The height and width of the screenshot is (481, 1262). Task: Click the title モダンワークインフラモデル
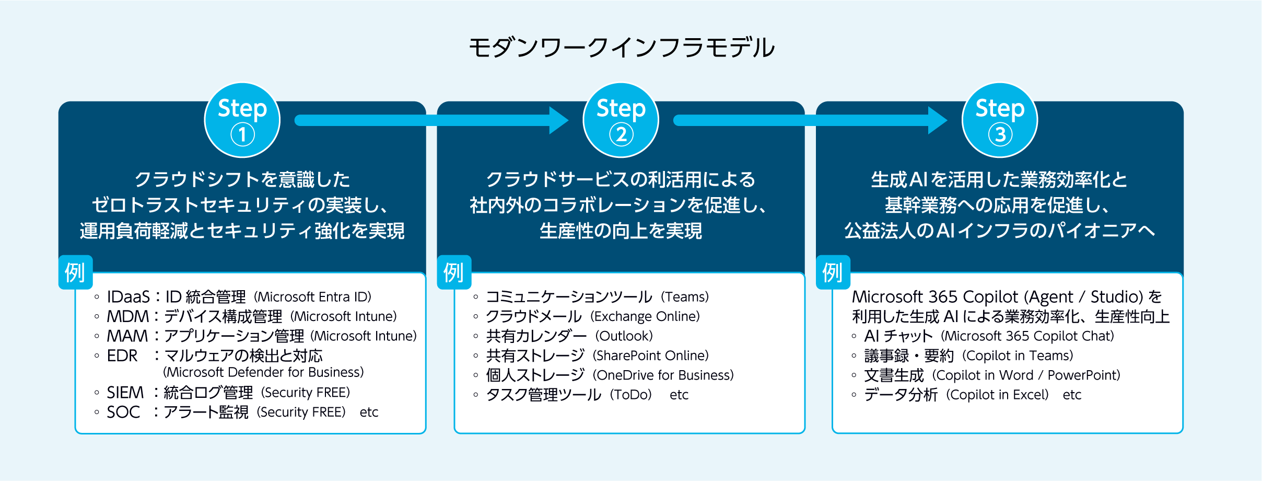(621, 48)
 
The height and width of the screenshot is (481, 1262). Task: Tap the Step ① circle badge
(242, 120)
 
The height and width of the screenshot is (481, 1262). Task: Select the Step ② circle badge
(621, 120)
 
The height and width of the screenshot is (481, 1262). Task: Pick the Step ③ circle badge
(1000, 120)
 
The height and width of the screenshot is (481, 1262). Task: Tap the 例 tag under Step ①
(75, 272)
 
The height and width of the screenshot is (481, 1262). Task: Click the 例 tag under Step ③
(833, 272)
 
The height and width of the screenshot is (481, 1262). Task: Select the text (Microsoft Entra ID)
(312, 297)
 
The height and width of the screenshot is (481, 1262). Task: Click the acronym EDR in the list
(122, 356)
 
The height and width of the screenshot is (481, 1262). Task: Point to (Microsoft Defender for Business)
(263, 372)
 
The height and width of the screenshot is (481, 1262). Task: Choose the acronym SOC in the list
(123, 413)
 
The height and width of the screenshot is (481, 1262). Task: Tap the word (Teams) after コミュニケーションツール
(685, 297)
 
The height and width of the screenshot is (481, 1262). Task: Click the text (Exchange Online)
(645, 316)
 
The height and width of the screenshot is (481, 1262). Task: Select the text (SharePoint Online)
(650, 356)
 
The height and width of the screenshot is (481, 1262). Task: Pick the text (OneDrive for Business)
(663, 375)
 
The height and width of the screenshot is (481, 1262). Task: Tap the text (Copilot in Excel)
(997, 395)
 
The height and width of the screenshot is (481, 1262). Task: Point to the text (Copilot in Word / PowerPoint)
(1027, 375)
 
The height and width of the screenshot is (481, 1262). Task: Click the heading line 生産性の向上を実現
(621, 231)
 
